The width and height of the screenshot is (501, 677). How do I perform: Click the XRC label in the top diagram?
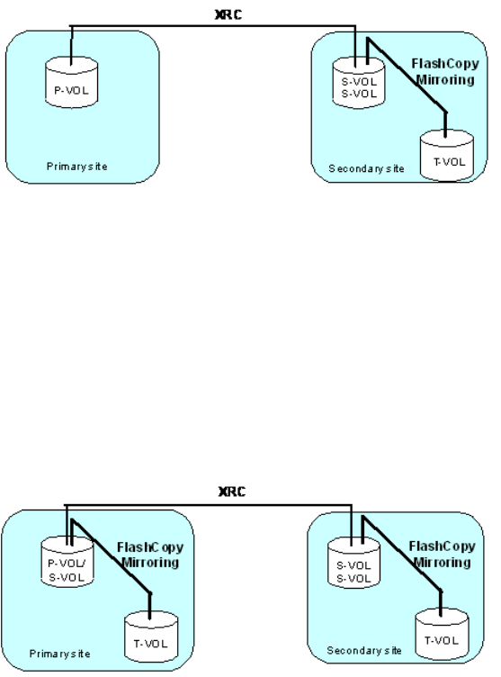point(228,14)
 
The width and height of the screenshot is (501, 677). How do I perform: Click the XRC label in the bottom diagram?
point(232,492)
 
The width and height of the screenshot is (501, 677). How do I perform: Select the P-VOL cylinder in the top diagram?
point(71,82)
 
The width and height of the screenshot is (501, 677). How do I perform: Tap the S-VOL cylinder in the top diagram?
point(359,83)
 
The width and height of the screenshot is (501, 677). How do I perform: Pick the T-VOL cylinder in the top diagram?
point(447,156)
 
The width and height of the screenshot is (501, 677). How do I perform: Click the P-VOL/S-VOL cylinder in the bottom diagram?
point(67,561)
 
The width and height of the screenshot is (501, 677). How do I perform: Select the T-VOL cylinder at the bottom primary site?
point(151,636)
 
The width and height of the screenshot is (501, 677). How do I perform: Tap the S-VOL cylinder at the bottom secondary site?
point(353,562)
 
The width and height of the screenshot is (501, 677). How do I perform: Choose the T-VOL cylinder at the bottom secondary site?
point(442,635)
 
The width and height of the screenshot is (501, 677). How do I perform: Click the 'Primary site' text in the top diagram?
point(76,167)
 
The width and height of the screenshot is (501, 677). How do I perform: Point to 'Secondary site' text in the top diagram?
point(366,169)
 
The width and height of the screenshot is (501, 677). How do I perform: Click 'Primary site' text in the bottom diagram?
point(59,654)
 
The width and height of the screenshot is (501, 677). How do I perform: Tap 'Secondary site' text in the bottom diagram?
point(364,651)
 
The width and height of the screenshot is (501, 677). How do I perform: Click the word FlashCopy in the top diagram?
point(445,64)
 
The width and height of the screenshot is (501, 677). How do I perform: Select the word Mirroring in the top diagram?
point(445,80)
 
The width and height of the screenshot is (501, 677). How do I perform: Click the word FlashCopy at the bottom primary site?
point(150,547)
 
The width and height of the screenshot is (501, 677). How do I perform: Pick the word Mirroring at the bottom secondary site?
point(442,563)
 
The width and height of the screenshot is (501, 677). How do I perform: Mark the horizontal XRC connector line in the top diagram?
point(213,26)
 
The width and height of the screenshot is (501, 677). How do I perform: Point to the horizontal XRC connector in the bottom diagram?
point(208,505)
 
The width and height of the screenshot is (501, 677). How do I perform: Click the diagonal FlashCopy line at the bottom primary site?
point(112,557)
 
